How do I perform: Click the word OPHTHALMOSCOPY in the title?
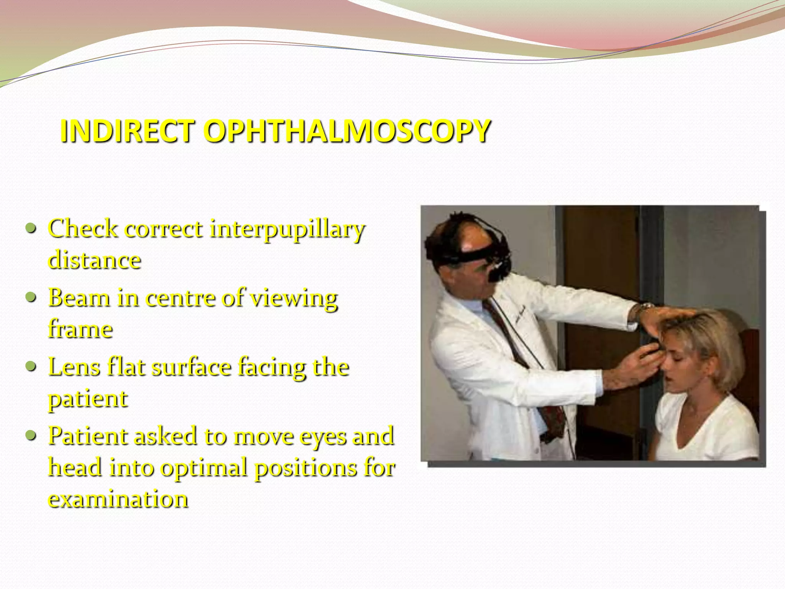pyautogui.click(x=347, y=131)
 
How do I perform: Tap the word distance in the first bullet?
pyautogui.click(x=95, y=260)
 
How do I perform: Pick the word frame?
pyautogui.click(x=80, y=329)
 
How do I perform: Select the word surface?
pyautogui.click(x=192, y=367)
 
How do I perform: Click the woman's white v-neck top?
pyautogui.click(x=705, y=429)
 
